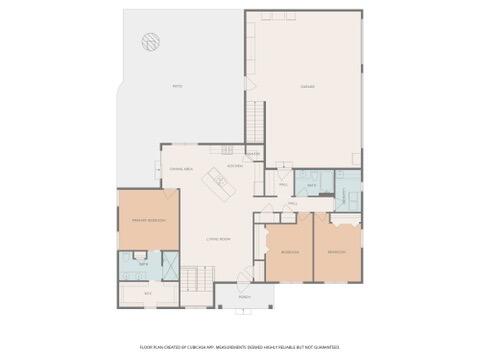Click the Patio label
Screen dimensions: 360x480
click(177, 86)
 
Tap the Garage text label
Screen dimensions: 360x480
click(308, 86)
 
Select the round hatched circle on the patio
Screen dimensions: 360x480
click(150, 42)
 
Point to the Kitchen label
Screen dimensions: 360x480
click(234, 165)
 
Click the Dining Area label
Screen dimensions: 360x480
click(181, 170)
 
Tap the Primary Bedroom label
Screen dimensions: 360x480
click(149, 219)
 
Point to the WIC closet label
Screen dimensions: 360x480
click(148, 294)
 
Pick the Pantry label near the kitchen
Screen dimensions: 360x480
click(253, 154)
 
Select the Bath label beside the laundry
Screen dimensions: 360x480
click(311, 185)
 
